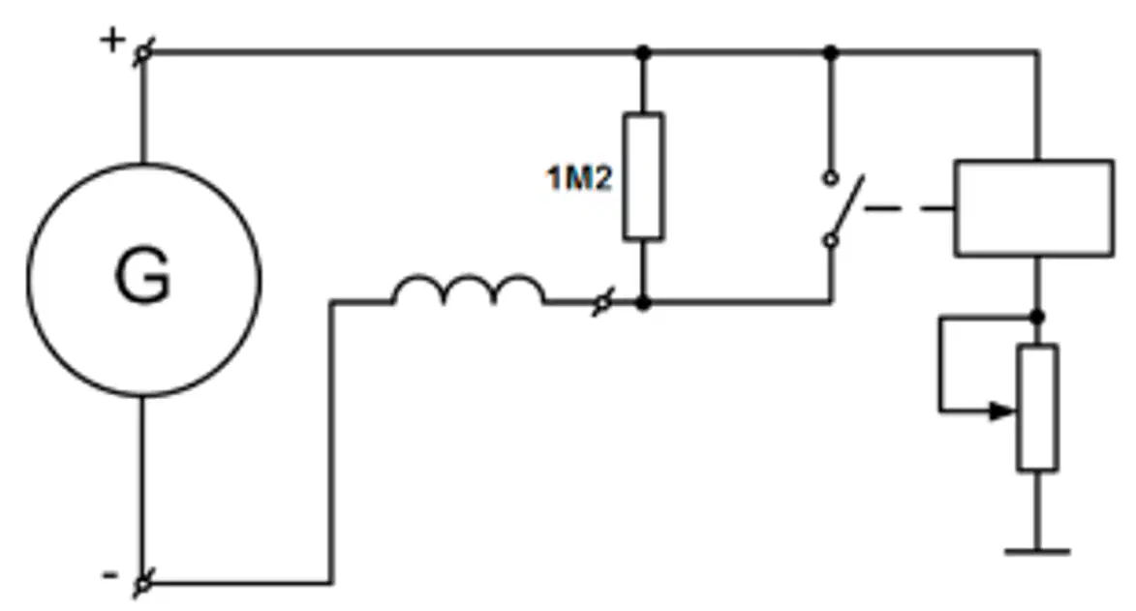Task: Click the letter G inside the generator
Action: pyautogui.click(x=142, y=276)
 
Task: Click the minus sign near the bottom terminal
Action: pyautogui.click(x=109, y=576)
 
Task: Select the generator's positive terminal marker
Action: pyautogui.click(x=143, y=52)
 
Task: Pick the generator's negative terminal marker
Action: pyautogui.click(x=143, y=583)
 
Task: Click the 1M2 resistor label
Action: pyautogui.click(x=579, y=177)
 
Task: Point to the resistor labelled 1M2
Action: pyautogui.click(x=643, y=176)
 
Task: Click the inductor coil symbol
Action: pyautogui.click(x=468, y=290)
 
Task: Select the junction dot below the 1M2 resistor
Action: pyautogui.click(x=643, y=302)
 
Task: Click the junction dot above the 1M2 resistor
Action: pyautogui.click(x=643, y=52)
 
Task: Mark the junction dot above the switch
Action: pyautogui.click(x=831, y=52)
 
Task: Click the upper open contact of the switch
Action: pyautogui.click(x=831, y=177)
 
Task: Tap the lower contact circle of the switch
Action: pyautogui.click(x=831, y=240)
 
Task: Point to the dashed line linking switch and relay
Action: pyautogui.click(x=909, y=209)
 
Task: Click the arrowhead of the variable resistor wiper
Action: pyautogui.click(x=1003, y=411)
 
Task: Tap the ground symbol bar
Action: pyautogui.click(x=1037, y=552)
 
